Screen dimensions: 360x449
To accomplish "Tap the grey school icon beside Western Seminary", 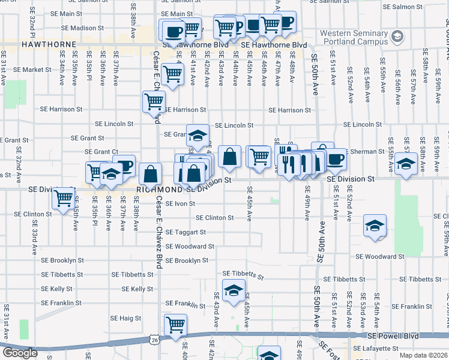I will coord(396,37).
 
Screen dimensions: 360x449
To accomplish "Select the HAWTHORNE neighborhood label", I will coord(48,44).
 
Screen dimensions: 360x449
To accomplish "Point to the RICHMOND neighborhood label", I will coord(158,188).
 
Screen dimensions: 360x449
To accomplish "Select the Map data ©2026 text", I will coord(424,355).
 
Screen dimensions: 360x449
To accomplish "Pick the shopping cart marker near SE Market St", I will coord(173,74).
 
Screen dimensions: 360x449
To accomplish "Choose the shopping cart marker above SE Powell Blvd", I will coord(175,325).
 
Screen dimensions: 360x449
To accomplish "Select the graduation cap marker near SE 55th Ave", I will coord(406,163).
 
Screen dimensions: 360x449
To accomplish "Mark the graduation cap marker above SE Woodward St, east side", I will coord(375,226).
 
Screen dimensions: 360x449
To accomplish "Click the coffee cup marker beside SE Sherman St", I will coord(336,159).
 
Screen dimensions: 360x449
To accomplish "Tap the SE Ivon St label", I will coord(180,203).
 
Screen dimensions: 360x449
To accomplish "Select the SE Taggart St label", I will coord(185,232).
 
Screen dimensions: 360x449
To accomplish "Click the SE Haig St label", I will coord(125,318).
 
